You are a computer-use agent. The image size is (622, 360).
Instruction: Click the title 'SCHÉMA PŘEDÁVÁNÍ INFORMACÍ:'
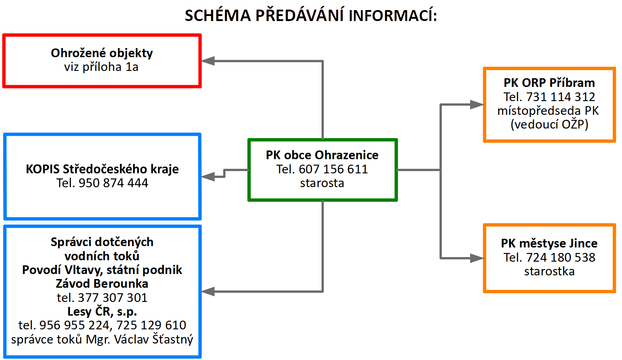tap(311, 15)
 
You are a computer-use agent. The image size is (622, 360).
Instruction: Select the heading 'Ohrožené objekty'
tap(102, 53)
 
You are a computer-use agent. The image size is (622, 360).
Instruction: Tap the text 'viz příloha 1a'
tap(101, 67)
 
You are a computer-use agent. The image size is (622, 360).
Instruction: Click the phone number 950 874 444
tap(113, 183)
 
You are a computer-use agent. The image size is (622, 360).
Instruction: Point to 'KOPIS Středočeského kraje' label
tap(102, 169)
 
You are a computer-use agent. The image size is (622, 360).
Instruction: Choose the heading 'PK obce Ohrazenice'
tap(322, 155)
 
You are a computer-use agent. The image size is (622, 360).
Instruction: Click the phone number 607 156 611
tap(333, 169)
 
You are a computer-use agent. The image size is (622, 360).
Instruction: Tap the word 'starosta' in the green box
tap(322, 183)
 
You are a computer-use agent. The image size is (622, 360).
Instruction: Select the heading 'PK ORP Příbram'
tap(549, 83)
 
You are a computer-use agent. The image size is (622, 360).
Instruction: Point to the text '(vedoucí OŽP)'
tap(549, 124)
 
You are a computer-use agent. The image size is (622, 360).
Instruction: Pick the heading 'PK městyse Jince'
tap(549, 243)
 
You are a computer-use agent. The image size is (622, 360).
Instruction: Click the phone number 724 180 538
tap(561, 258)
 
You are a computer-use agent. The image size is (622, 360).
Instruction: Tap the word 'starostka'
tap(549, 271)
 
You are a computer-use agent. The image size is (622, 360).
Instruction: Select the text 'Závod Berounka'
tap(102, 284)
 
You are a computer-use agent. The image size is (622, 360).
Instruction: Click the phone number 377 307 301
tap(113, 298)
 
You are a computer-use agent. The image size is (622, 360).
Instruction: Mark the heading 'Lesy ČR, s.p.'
tap(102, 312)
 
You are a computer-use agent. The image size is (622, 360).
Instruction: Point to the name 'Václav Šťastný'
tap(154, 339)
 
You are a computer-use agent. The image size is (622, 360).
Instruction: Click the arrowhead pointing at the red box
tap(208, 61)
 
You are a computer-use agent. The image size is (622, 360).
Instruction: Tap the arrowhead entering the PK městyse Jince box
tap(477, 258)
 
